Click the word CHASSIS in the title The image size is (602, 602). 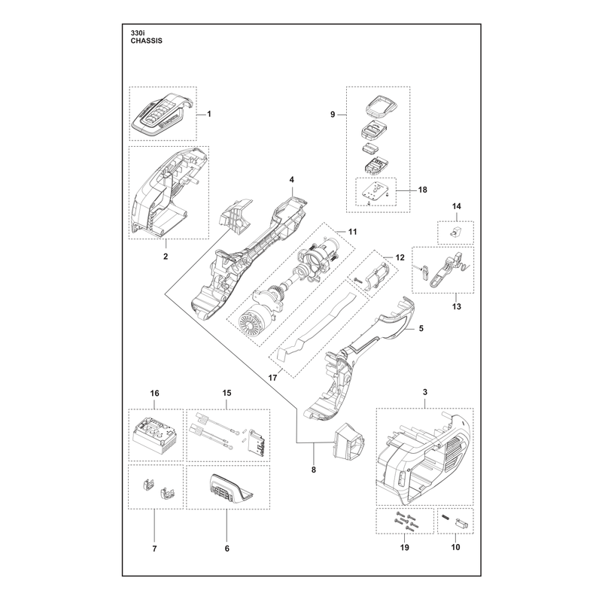[146, 41]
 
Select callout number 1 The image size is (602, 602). [209, 114]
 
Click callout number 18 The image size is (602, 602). [422, 190]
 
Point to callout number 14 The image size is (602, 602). [456, 206]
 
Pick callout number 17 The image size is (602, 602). [272, 378]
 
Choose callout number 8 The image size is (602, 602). [314, 470]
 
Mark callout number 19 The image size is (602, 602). [405, 547]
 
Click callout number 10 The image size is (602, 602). [455, 547]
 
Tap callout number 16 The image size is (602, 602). [154, 394]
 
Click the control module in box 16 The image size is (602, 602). [153, 435]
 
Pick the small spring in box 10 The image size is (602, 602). [445, 518]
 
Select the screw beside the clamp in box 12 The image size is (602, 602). [359, 280]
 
